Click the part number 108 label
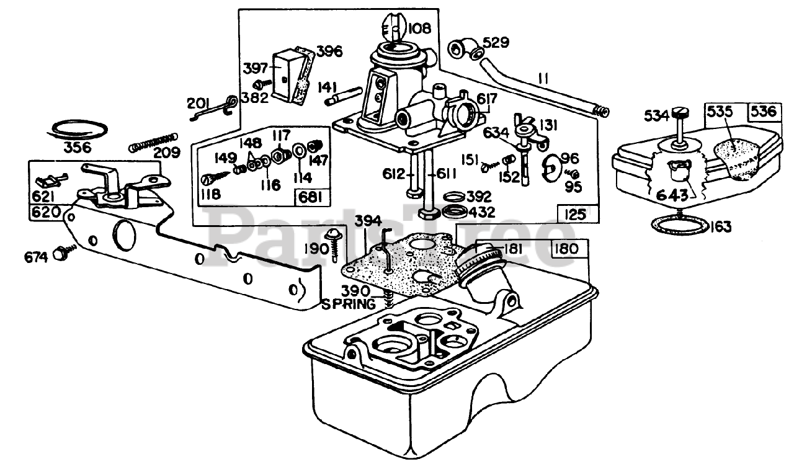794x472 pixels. (x=419, y=29)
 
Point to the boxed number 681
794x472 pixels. (x=310, y=197)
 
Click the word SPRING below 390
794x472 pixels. (x=348, y=304)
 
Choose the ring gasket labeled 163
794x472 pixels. (x=679, y=226)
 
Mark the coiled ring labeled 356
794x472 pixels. (x=78, y=130)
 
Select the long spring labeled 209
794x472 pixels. (x=154, y=142)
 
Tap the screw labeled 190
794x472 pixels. (x=334, y=244)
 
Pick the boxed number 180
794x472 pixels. (x=566, y=249)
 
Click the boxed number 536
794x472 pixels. (x=764, y=112)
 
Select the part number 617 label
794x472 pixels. (x=487, y=99)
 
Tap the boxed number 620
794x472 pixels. (x=47, y=213)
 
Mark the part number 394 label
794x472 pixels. (x=368, y=221)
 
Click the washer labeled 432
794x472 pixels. (x=455, y=212)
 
